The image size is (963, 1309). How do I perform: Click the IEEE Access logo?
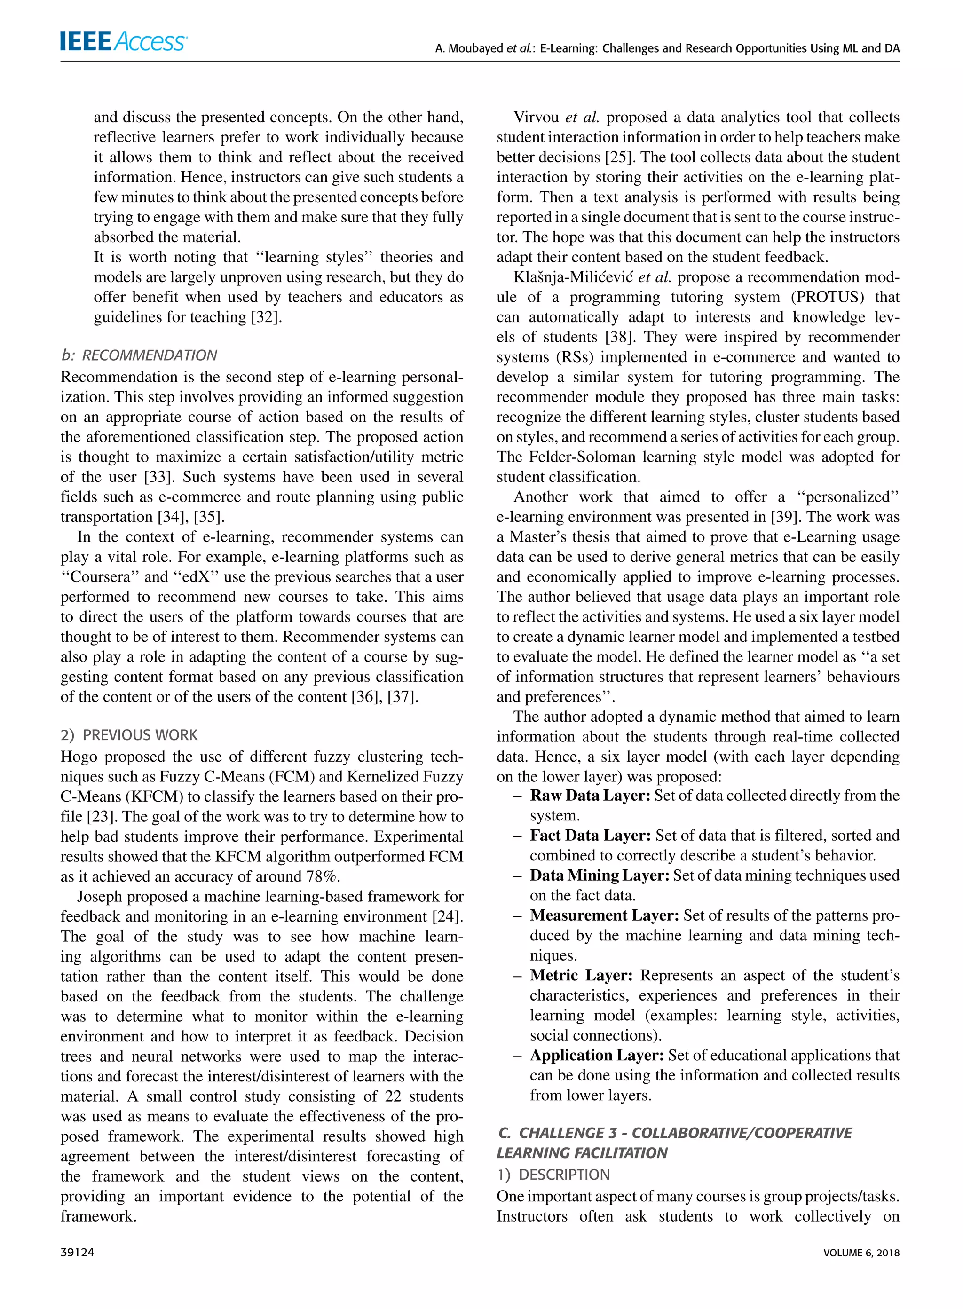click(x=124, y=41)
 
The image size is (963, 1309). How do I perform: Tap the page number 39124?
click(x=78, y=1252)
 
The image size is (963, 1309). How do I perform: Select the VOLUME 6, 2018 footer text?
click(x=861, y=1252)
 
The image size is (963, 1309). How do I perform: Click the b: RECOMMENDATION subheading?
click(x=139, y=355)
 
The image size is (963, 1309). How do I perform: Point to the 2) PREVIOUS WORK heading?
click(x=129, y=734)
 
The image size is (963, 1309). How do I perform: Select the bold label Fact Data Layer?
click(x=590, y=835)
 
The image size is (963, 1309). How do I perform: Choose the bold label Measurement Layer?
click(x=604, y=915)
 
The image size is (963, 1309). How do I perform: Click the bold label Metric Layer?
click(x=581, y=975)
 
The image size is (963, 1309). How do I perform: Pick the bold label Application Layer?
click(x=596, y=1055)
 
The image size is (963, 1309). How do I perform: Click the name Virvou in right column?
click(x=537, y=117)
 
